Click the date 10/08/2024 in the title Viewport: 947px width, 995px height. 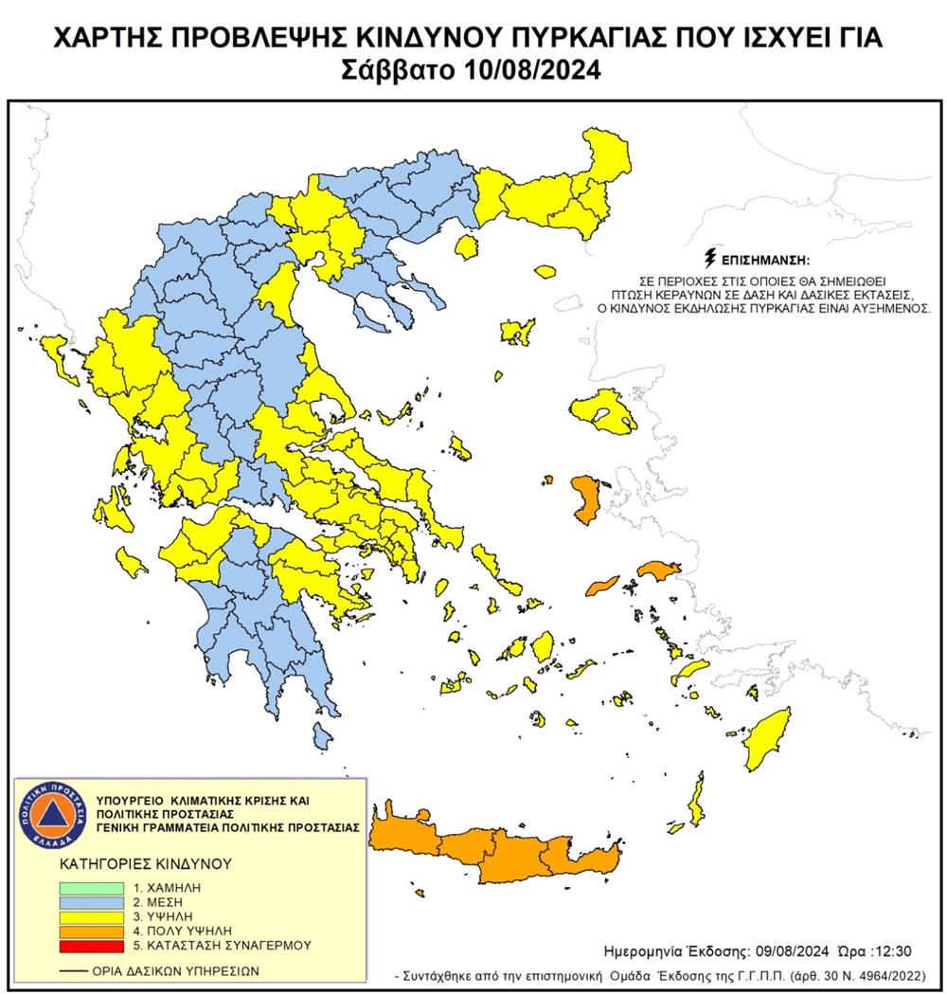533,72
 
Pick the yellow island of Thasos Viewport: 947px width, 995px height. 465,248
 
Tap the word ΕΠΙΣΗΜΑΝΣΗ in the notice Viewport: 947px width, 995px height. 767,259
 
